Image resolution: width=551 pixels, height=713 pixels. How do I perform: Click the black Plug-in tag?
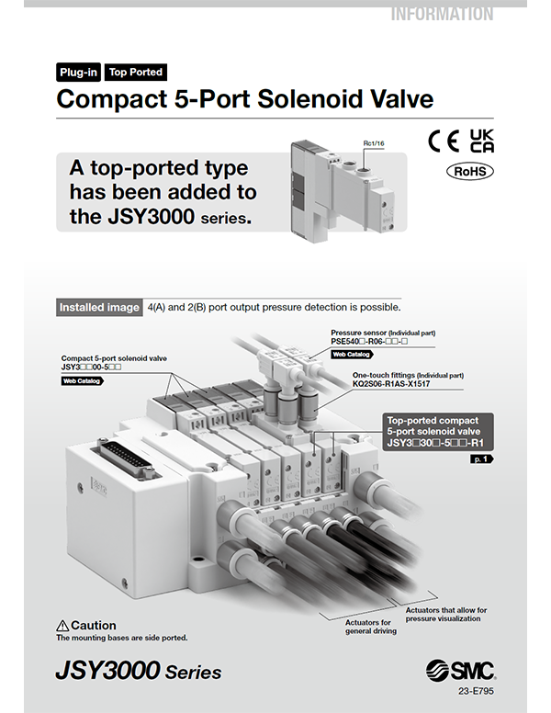tap(78, 72)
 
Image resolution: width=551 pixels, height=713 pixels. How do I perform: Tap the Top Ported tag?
tap(135, 72)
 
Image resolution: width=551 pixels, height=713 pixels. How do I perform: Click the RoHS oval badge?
tap(470, 171)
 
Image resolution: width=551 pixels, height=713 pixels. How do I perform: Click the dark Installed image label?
tap(99, 307)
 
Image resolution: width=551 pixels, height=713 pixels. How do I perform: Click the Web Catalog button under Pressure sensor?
tap(352, 354)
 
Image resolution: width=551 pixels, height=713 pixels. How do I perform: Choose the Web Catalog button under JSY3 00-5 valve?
tap(82, 379)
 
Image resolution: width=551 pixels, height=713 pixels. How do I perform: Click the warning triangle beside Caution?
tap(63, 626)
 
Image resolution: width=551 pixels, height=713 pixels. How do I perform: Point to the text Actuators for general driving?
tap(368, 627)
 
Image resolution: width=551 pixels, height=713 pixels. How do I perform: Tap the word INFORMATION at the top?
tap(442, 13)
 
